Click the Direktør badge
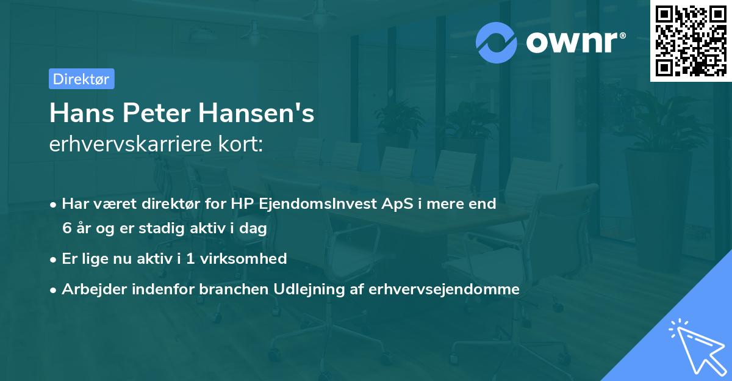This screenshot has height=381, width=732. click(x=81, y=79)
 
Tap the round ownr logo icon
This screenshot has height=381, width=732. click(x=497, y=42)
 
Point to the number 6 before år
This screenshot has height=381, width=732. click(x=67, y=228)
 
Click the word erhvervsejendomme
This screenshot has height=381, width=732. click(x=444, y=289)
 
